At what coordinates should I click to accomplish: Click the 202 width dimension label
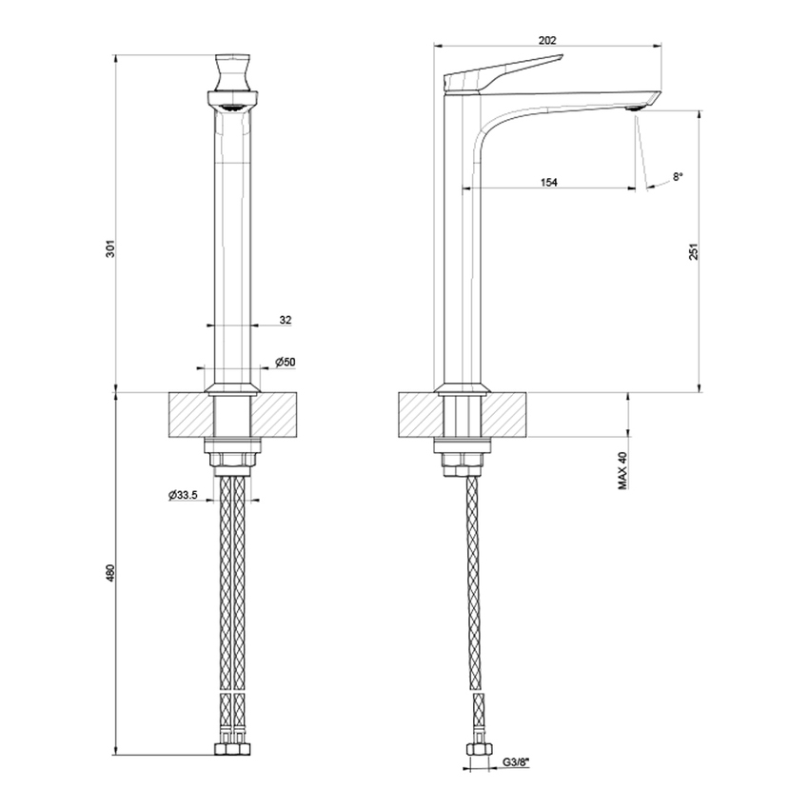(x=546, y=40)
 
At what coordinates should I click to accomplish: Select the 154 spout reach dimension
(x=549, y=181)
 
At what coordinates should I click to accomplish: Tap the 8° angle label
(x=678, y=176)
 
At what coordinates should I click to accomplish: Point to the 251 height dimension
(x=694, y=250)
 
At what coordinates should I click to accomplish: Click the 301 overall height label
(x=110, y=249)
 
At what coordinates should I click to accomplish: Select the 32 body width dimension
(x=286, y=320)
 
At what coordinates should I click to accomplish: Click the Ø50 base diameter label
(x=285, y=362)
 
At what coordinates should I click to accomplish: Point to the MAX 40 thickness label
(x=622, y=470)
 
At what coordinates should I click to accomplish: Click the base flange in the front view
(x=232, y=387)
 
